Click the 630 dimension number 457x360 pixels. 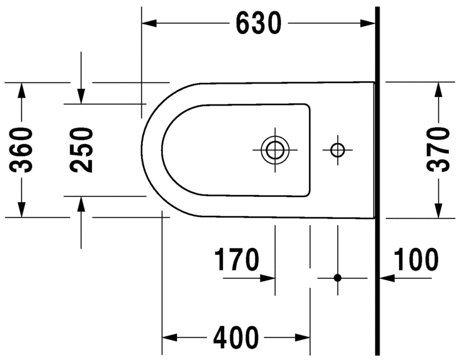tap(258, 23)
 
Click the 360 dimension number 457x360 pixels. tap(22, 150)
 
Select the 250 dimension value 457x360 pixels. tap(81, 150)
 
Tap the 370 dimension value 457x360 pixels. tap(437, 150)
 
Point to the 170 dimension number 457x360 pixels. tap(237, 259)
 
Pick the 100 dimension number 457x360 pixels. tap(416, 259)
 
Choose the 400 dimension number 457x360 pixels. tap(236, 337)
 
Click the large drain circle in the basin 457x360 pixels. tap(274, 150)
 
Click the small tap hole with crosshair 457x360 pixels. tap(337, 150)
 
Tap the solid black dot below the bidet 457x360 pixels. tap(337, 277)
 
